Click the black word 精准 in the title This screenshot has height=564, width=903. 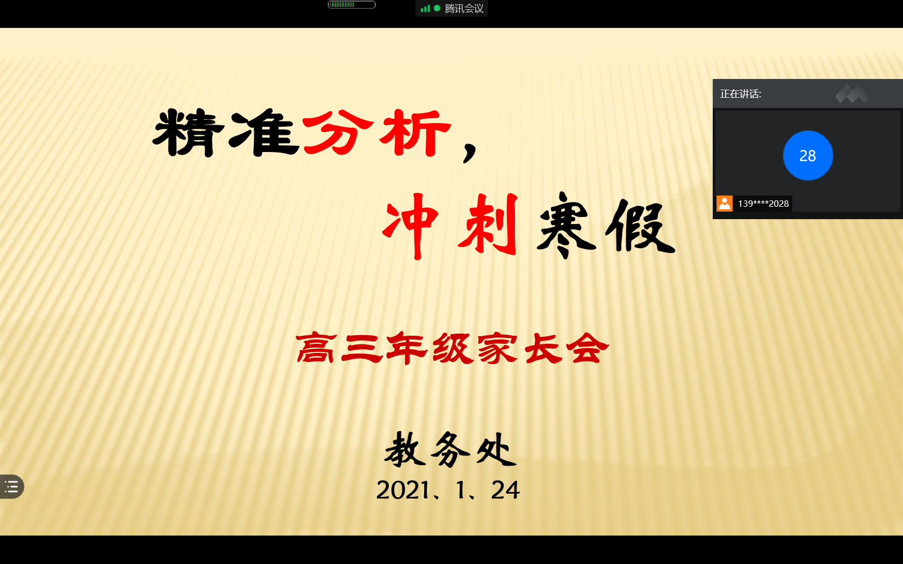(x=226, y=133)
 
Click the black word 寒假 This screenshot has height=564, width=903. (x=606, y=226)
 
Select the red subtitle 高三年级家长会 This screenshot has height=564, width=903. (x=453, y=348)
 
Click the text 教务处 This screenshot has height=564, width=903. (x=450, y=450)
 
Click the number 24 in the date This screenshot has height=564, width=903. (x=505, y=490)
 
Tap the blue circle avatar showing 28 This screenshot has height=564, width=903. (x=808, y=156)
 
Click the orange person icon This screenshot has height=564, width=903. (x=725, y=204)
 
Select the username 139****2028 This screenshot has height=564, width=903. (x=763, y=204)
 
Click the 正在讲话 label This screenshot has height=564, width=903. (x=741, y=95)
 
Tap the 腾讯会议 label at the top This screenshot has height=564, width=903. (x=464, y=9)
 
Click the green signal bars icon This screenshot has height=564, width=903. (x=425, y=9)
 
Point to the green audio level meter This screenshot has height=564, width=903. (x=352, y=5)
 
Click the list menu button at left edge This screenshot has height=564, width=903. (x=11, y=487)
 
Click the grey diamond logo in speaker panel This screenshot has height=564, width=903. (x=852, y=94)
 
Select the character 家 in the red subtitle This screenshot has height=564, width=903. (x=498, y=349)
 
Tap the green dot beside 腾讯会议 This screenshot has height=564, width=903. (x=437, y=8)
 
